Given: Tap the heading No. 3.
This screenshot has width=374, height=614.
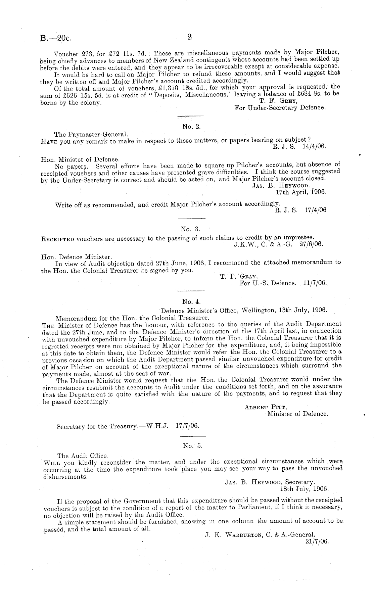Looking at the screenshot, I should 190,229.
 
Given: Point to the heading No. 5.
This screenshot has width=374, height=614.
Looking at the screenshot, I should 193,446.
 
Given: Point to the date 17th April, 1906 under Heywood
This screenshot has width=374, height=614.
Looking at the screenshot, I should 301,192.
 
